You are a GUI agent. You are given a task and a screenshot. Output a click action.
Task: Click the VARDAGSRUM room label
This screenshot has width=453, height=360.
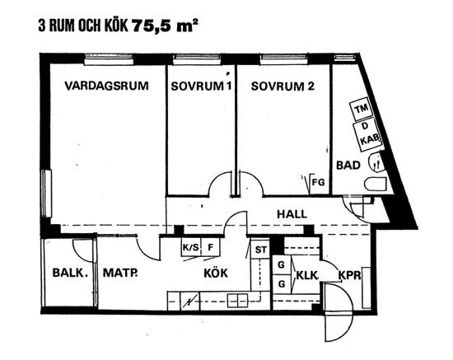click(106, 86)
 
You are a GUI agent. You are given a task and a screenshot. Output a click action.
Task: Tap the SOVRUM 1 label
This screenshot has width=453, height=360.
click(201, 86)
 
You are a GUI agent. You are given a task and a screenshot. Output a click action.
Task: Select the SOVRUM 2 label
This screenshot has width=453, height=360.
click(283, 86)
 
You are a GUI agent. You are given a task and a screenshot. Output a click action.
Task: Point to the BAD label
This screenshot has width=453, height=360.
click(348, 166)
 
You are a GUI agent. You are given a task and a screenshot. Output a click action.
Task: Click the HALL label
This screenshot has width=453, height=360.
click(292, 214)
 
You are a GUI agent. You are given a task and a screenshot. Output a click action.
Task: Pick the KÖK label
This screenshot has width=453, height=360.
click(216, 273)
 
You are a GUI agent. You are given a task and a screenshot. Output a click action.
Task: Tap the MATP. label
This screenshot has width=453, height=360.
click(120, 273)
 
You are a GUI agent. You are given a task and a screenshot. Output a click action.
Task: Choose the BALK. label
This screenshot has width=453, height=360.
click(70, 273)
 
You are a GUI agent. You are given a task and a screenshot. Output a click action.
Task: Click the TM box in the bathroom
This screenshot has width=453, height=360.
click(362, 110)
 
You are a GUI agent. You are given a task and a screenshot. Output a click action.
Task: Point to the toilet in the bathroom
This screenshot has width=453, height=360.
click(376, 184)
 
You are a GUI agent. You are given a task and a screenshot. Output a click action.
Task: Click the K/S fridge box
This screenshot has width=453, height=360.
click(191, 247)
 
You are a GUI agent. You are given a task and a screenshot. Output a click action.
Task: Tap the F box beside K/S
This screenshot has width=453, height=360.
click(211, 247)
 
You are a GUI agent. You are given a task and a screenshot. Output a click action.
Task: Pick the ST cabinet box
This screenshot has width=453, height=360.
click(260, 249)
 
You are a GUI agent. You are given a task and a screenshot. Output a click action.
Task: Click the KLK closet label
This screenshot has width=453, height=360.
click(307, 275)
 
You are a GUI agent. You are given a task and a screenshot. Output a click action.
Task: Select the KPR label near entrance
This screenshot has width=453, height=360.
click(349, 275)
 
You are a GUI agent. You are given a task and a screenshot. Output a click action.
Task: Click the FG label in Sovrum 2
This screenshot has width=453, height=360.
click(319, 182)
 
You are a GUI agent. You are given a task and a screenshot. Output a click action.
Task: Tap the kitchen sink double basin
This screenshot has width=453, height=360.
click(238, 301)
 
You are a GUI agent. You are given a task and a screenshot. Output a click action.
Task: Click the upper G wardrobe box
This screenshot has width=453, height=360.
click(281, 264)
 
